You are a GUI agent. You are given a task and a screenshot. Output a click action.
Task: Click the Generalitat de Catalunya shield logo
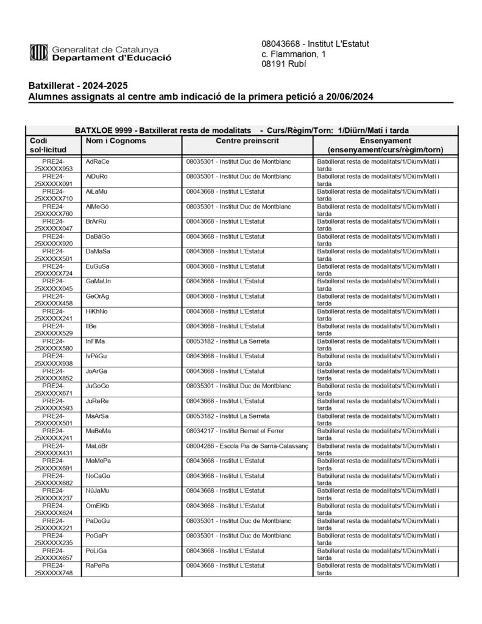pyautogui.click(x=38, y=52)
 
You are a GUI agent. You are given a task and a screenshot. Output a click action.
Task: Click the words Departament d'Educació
pyautogui.click(x=112, y=58)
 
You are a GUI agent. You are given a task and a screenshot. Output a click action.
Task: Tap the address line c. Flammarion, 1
pyautogui.click(x=293, y=54)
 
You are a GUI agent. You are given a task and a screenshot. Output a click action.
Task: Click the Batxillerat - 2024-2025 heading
pyautogui.click(x=78, y=85)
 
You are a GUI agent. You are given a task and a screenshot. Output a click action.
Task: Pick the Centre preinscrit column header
pyautogui.click(x=247, y=141)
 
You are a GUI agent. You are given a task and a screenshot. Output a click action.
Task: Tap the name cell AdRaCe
pyautogui.click(x=97, y=161)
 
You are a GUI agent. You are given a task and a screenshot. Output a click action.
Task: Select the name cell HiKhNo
pyautogui.click(x=97, y=311)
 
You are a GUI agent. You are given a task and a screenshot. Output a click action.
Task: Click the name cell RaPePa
pyautogui.click(x=97, y=565)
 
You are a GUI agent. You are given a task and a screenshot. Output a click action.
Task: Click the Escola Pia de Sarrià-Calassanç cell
pyautogui.click(x=247, y=446)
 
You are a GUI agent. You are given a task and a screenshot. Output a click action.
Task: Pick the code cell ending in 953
pyautogui.click(x=54, y=165)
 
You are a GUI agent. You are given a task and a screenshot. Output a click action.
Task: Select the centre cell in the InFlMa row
pyautogui.click(x=227, y=341)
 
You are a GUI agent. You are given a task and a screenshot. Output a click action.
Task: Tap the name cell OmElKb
pyautogui.click(x=97, y=506)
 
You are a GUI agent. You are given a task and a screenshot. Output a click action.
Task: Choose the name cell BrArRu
pyautogui.click(x=96, y=221)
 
